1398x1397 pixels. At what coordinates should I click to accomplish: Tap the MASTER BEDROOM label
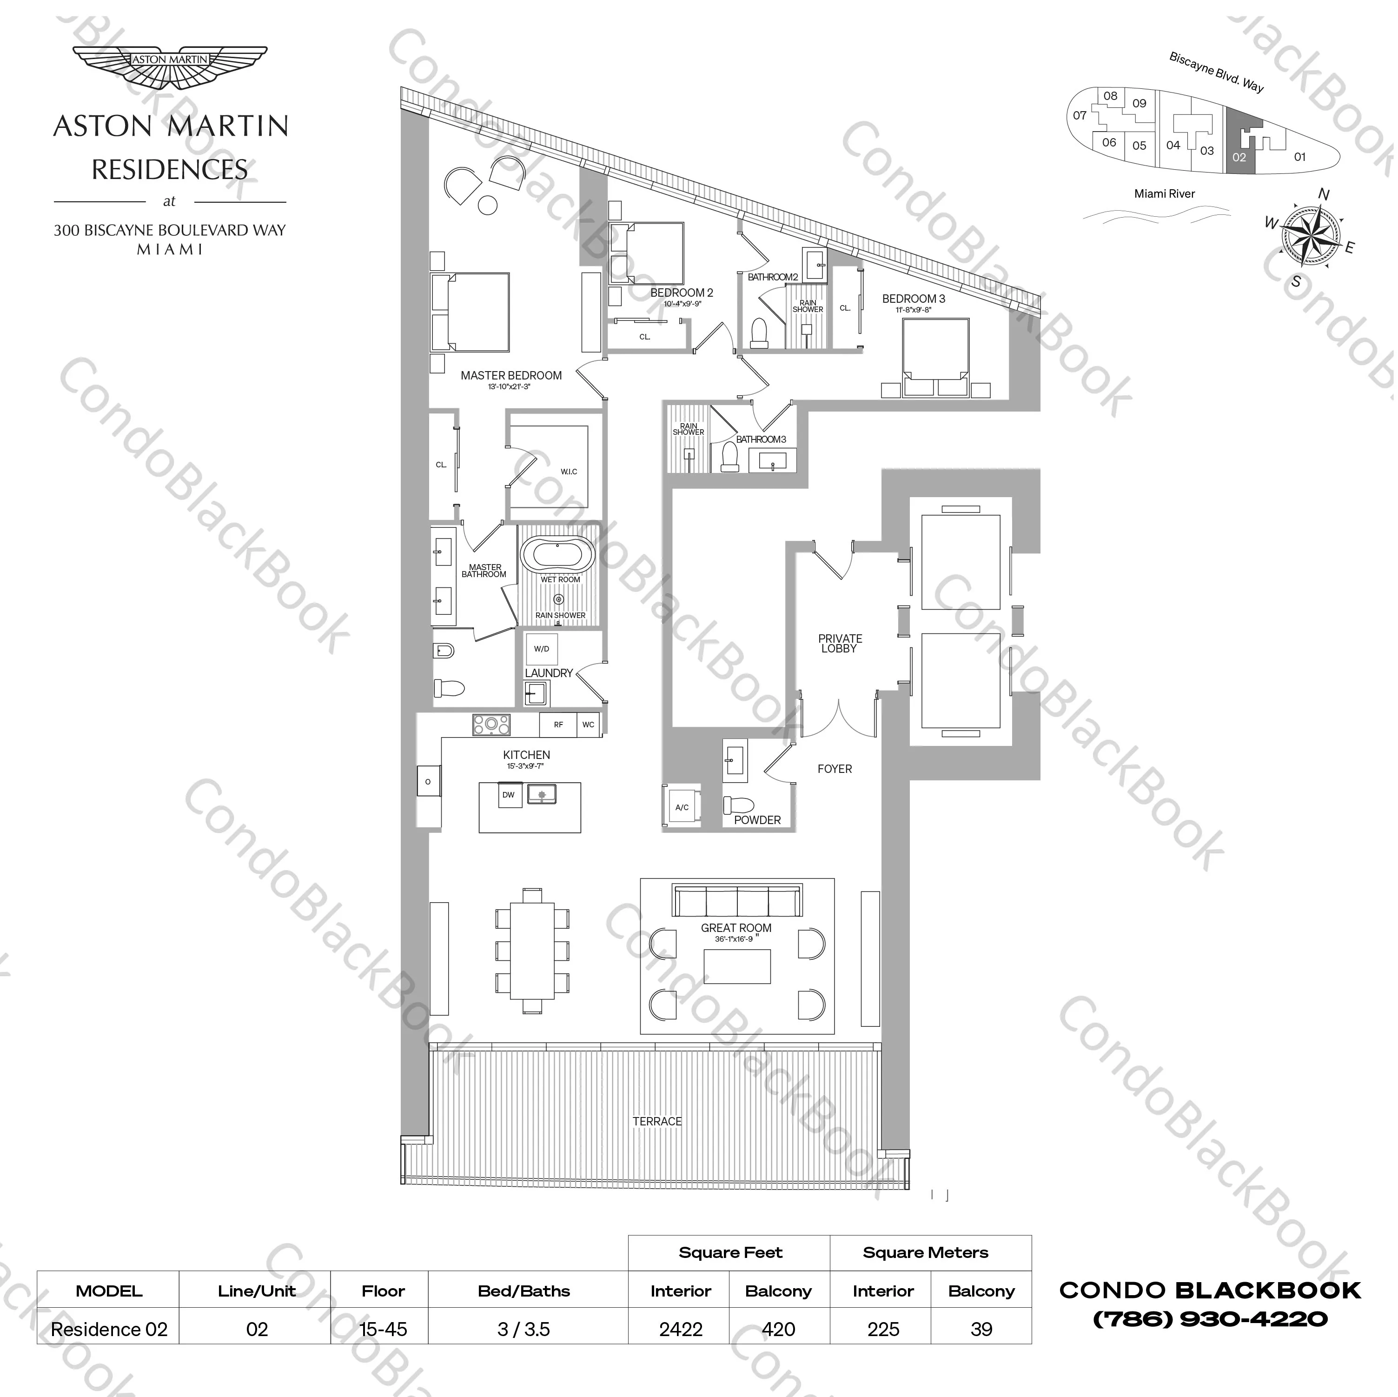click(511, 376)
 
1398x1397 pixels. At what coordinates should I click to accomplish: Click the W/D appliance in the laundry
click(541, 649)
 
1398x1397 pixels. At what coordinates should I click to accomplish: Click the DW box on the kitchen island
click(509, 795)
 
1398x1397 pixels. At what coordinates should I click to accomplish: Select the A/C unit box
click(682, 806)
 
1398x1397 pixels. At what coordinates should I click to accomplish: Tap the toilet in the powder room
click(739, 805)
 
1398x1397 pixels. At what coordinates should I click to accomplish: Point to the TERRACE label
click(657, 1121)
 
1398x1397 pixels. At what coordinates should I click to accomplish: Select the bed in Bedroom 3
click(935, 356)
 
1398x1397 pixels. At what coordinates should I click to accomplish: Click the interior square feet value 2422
click(680, 1329)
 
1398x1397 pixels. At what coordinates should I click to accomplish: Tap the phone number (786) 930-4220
click(1210, 1319)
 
